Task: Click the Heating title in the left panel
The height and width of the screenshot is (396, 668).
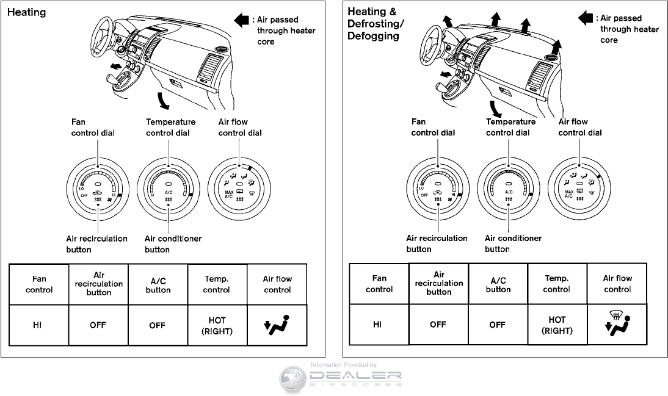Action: (x=26, y=12)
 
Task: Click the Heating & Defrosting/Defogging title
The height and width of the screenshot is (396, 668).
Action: (x=375, y=23)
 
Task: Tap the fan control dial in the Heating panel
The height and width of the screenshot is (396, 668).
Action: (x=98, y=187)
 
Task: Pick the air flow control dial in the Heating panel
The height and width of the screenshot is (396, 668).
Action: (x=238, y=187)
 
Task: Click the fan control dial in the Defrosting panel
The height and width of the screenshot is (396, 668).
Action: (x=438, y=187)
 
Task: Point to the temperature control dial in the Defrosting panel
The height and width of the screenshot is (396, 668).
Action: (x=508, y=187)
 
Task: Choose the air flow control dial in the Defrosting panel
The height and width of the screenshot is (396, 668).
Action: (x=579, y=187)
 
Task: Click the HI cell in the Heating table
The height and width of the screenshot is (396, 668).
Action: (x=38, y=325)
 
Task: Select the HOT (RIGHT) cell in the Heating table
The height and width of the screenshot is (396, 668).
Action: (x=217, y=325)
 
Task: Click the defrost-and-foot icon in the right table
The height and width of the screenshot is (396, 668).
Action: (x=617, y=322)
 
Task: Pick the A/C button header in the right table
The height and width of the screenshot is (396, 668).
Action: (x=498, y=284)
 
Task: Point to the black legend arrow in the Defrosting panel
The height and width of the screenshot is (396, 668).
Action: (x=585, y=18)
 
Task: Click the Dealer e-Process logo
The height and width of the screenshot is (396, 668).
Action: (x=341, y=377)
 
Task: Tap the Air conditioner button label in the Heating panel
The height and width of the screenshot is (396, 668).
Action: (x=173, y=244)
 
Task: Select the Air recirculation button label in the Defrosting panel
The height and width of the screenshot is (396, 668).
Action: (x=437, y=243)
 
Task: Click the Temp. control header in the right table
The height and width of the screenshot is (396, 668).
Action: (x=557, y=284)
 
